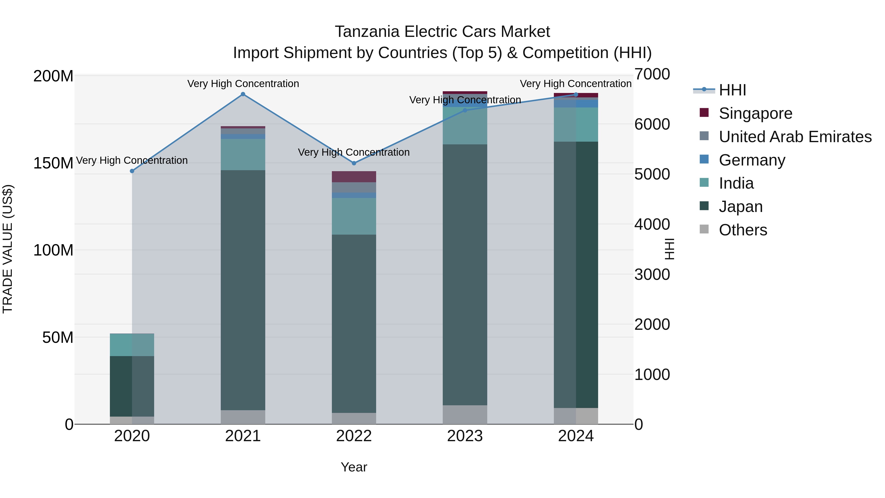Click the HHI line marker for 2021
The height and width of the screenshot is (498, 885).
[243, 94]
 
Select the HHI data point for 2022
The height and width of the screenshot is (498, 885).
[354, 163]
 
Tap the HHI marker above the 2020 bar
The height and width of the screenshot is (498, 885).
[132, 171]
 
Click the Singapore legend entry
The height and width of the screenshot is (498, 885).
[755, 113]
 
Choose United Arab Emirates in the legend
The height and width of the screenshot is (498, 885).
[795, 137]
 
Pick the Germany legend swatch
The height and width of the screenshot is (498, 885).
[704, 159]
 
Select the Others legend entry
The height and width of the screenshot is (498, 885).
[742, 230]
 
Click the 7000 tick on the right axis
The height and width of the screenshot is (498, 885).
[652, 75]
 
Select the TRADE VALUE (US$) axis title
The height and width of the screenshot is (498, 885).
[8, 249]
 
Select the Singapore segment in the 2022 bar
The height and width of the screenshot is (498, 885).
[354, 177]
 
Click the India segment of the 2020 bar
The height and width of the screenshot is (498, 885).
[132, 345]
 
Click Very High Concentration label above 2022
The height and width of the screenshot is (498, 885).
[354, 152]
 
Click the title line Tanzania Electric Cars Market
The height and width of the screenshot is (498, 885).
[442, 32]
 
